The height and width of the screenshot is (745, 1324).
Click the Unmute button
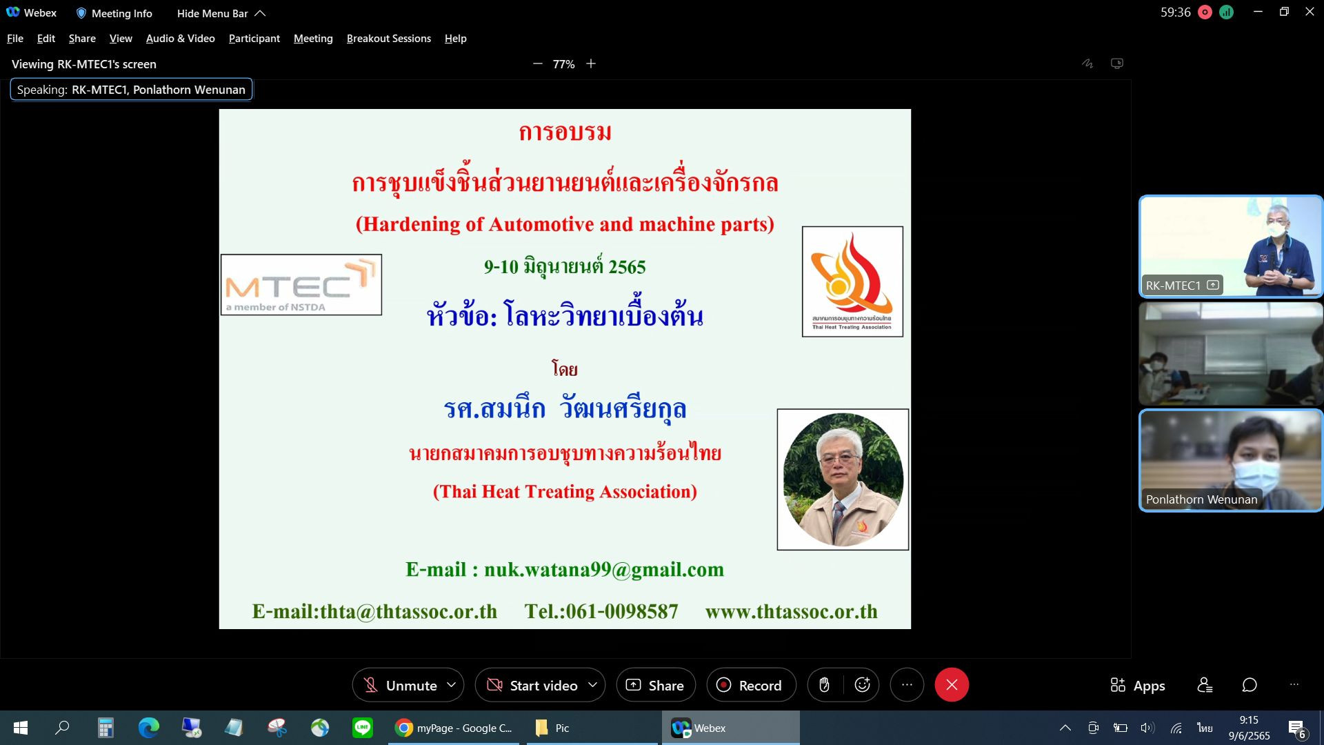(x=408, y=685)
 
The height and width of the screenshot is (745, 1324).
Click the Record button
(x=751, y=685)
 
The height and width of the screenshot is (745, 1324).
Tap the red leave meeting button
(x=952, y=685)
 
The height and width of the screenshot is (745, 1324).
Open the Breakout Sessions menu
(x=389, y=39)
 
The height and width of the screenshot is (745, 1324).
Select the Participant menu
(x=254, y=39)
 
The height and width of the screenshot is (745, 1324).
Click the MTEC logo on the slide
(x=301, y=285)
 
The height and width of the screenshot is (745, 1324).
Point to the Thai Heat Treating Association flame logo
(x=852, y=281)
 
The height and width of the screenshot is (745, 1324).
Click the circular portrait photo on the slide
(x=843, y=479)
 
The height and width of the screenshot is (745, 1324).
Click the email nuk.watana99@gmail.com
(x=604, y=570)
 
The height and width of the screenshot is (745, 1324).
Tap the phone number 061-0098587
(x=622, y=612)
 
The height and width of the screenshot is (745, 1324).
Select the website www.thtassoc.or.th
(x=792, y=612)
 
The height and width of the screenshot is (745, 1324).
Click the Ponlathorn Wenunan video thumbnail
(x=1231, y=461)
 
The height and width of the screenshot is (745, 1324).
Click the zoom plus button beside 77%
(x=591, y=64)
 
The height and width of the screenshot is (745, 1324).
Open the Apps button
(x=1138, y=685)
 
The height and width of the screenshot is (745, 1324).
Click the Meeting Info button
(x=114, y=13)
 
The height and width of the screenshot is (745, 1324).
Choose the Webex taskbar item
(x=731, y=728)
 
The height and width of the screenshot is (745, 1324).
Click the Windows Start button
(x=21, y=728)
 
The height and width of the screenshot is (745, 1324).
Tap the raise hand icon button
(x=824, y=685)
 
